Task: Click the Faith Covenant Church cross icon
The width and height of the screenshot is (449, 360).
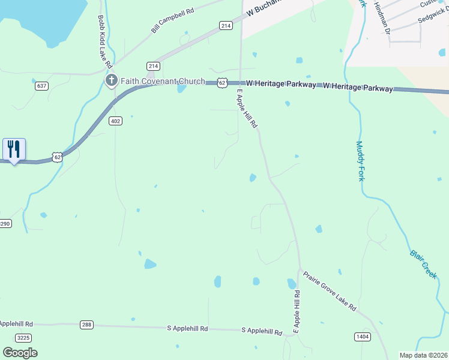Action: click(111, 80)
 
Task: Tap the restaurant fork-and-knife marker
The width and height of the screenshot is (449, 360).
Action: click(14, 149)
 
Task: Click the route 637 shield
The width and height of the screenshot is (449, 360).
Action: click(41, 86)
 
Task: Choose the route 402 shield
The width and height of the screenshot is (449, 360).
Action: click(116, 121)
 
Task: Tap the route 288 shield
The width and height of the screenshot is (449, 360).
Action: click(87, 325)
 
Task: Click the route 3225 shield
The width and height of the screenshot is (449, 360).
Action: click(23, 338)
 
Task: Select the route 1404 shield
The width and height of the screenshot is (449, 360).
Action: click(362, 337)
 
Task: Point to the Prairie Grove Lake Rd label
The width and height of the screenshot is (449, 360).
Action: click(330, 292)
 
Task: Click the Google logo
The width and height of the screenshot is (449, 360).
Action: click(20, 352)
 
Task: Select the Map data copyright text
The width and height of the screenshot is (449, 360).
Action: click(424, 355)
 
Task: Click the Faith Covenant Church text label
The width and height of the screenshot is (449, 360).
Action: click(163, 81)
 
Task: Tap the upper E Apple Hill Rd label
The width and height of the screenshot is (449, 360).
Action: click(247, 109)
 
